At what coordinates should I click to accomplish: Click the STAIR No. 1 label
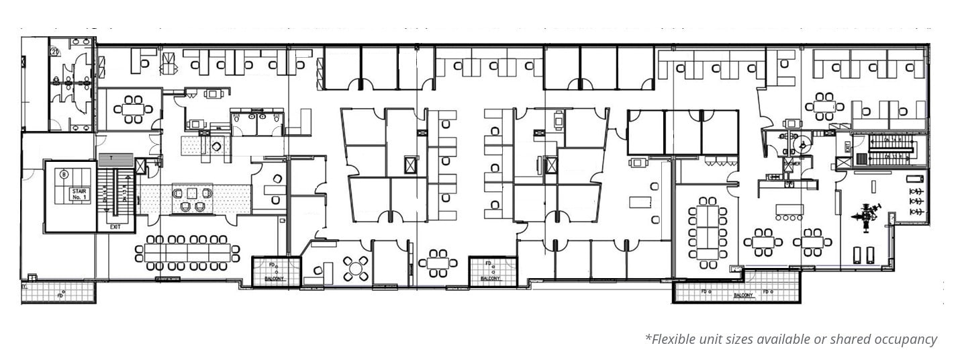point(79,195)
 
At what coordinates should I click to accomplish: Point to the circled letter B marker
point(64,175)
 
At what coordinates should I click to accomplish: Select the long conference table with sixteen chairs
point(187,253)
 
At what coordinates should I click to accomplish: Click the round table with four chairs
point(355,269)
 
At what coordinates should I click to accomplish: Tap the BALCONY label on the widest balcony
point(742,296)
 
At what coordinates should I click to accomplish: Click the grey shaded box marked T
point(116,158)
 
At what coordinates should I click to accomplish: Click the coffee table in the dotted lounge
point(191,193)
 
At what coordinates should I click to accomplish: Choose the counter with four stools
point(789,211)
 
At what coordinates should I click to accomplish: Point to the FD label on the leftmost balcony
point(60,294)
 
